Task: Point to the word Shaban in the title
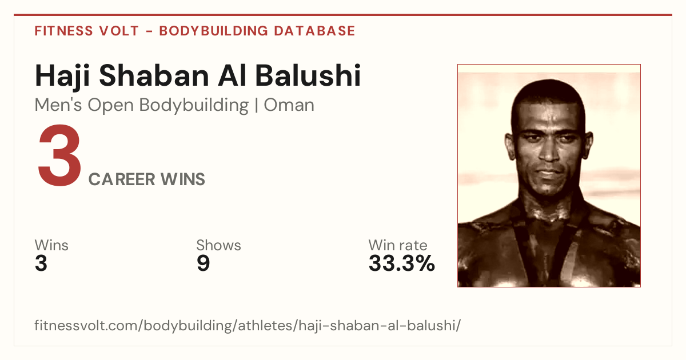[x=154, y=75]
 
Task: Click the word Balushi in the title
[x=308, y=75]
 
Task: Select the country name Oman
[x=289, y=105]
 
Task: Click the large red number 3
[x=59, y=155]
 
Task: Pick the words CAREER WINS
[x=147, y=179]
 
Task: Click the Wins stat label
[x=51, y=245]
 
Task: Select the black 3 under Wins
[x=41, y=263]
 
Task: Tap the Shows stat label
[x=218, y=245]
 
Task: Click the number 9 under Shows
[x=203, y=263]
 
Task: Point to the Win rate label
[x=398, y=245]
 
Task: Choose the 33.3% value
[x=402, y=263]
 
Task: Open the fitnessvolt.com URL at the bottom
[x=248, y=325]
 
